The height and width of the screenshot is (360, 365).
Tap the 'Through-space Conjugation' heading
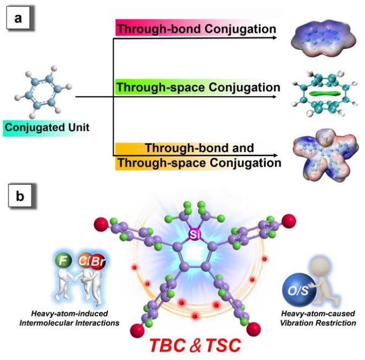click(x=198, y=86)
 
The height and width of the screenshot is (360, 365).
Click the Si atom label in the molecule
click(x=194, y=234)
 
